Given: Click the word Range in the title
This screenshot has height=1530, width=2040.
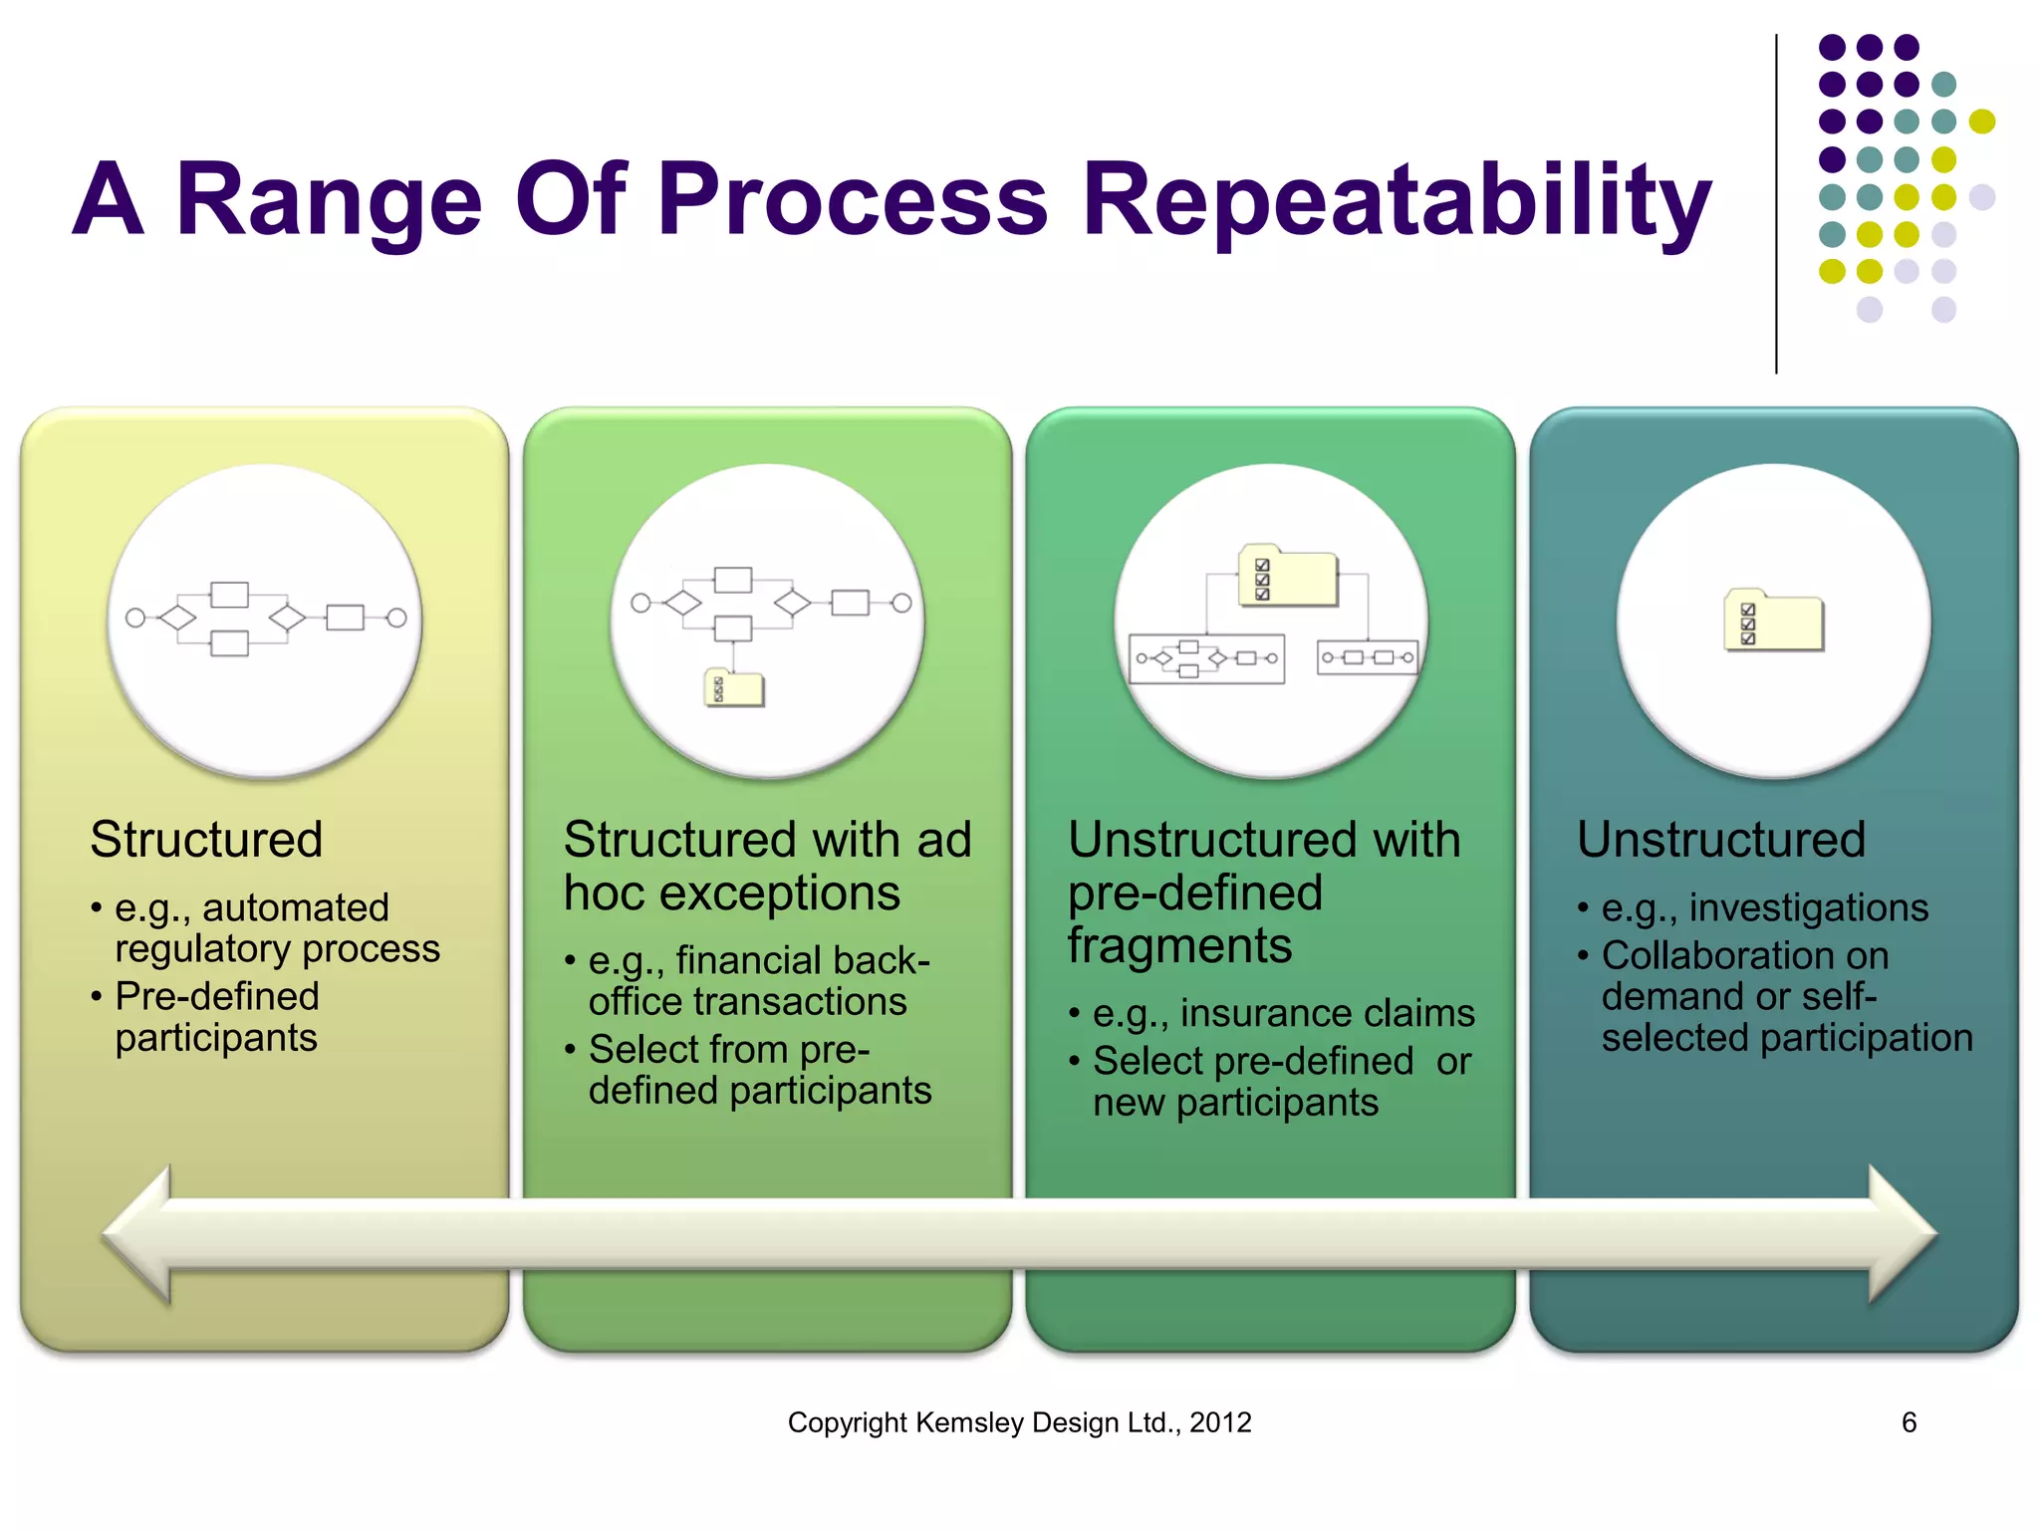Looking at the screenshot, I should tap(329, 201).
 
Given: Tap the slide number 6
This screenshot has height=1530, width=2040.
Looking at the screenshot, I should tap(1909, 1421).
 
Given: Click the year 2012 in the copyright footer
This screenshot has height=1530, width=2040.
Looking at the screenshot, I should tap(1220, 1422).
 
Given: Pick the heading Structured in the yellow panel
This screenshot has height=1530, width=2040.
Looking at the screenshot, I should tap(206, 840).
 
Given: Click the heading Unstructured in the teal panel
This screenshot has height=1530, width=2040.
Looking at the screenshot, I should tap(1720, 840).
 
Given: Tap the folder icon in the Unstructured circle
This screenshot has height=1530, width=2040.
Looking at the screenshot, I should tap(1774, 621).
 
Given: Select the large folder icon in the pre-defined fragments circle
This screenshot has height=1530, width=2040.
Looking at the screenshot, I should tap(1287, 576).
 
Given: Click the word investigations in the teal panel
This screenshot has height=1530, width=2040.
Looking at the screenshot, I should tap(1808, 907).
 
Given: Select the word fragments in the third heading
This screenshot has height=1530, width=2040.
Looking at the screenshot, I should tap(1179, 945).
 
